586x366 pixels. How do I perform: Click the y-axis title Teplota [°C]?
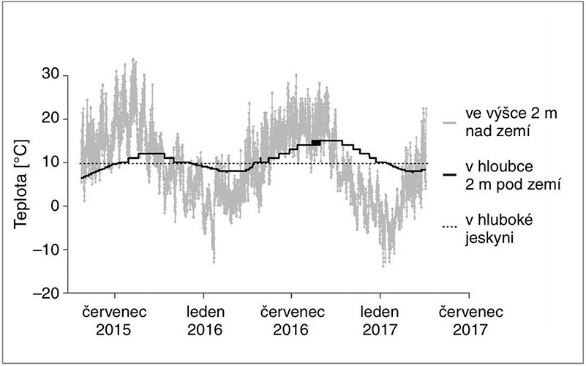[x=21, y=184]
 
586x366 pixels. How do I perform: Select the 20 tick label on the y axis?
[x=48, y=119]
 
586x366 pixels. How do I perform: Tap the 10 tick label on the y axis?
[x=48, y=163]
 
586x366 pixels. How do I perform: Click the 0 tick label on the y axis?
[x=53, y=206]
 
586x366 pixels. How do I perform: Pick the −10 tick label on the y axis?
[x=45, y=250]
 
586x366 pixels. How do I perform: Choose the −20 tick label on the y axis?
[x=45, y=293]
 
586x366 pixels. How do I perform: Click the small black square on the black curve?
[x=316, y=143]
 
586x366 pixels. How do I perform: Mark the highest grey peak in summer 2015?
[x=133, y=59]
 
